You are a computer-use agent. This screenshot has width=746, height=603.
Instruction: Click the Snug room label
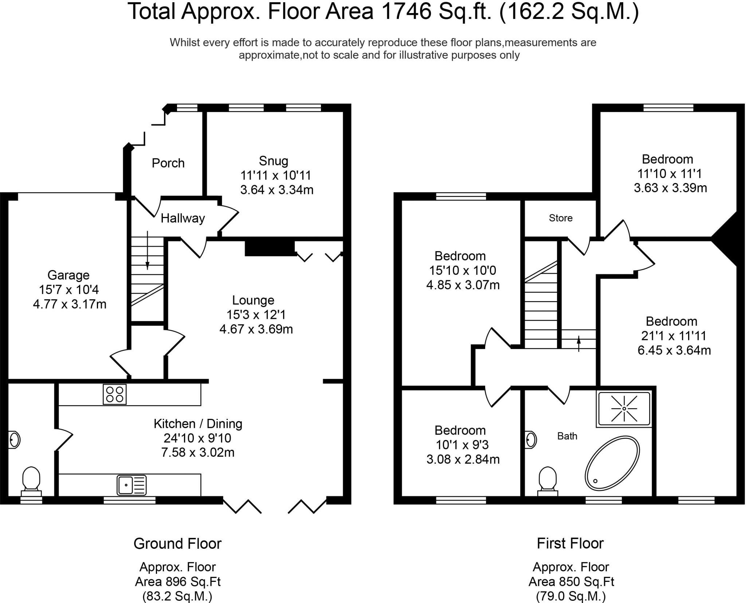pyautogui.click(x=274, y=161)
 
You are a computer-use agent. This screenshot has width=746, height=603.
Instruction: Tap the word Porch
pyautogui.click(x=168, y=163)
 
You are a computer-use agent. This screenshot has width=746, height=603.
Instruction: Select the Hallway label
pyautogui.click(x=183, y=218)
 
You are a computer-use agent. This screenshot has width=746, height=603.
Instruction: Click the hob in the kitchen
pyautogui.click(x=115, y=394)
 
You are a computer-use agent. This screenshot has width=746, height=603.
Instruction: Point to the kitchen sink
pyautogui.click(x=131, y=485)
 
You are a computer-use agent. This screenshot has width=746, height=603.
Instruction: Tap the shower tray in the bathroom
pyautogui.click(x=624, y=409)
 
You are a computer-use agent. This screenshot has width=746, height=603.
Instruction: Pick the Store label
pyautogui.click(x=561, y=218)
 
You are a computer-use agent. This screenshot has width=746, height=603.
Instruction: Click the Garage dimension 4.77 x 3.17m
pyautogui.click(x=70, y=304)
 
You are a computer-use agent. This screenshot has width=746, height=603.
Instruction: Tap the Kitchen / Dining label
pyautogui.click(x=198, y=424)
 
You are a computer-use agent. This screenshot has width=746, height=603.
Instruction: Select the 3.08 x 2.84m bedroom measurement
pyautogui.click(x=463, y=459)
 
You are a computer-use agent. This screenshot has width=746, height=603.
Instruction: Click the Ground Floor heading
pyautogui.click(x=177, y=544)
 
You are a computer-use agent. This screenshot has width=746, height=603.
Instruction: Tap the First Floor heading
pyautogui.click(x=570, y=543)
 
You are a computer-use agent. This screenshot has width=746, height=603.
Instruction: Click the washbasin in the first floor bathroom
pyautogui.click(x=531, y=440)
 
